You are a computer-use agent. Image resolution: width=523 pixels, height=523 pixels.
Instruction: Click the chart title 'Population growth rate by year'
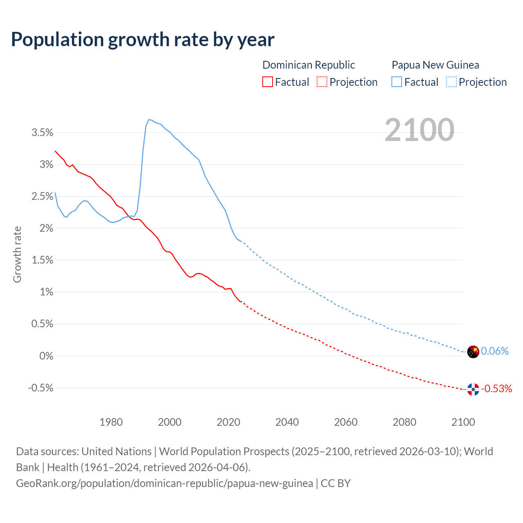[143, 40]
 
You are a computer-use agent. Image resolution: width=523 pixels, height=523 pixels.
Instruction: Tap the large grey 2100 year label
[419, 130]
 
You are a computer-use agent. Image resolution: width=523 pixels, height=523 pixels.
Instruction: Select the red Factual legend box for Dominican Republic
[267, 82]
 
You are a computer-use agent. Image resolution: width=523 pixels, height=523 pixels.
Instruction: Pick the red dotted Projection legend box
[322, 82]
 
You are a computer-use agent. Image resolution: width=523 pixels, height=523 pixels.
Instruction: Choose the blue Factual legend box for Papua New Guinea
[396, 82]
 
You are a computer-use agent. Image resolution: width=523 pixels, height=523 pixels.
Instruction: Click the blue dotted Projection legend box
[451, 82]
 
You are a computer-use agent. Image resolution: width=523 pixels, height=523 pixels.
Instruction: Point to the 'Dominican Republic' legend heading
[308, 65]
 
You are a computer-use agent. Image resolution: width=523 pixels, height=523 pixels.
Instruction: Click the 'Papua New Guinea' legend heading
[435, 65]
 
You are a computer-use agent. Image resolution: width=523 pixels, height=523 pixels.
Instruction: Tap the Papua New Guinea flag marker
[473, 352]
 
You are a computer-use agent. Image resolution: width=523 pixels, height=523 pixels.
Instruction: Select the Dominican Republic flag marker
[473, 390]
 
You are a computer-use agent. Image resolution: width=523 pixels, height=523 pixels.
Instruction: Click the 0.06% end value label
[495, 351]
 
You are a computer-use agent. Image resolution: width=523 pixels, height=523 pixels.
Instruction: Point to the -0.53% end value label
[496, 389]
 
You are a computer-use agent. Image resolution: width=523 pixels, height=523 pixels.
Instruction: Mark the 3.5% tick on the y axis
[42, 132]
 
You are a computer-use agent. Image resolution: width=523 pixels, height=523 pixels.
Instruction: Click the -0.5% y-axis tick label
[40, 388]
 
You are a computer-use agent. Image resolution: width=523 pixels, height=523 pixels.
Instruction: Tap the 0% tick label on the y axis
[46, 356]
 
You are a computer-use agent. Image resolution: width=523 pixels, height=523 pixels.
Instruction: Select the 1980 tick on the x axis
[111, 422]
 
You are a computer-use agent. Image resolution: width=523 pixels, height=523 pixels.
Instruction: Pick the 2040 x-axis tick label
[287, 422]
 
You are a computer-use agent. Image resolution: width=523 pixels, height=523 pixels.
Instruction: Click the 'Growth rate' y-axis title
[17, 254]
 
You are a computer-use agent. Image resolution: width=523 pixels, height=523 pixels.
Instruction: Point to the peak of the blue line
[149, 119]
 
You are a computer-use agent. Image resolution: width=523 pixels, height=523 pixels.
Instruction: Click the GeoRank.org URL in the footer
[164, 483]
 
